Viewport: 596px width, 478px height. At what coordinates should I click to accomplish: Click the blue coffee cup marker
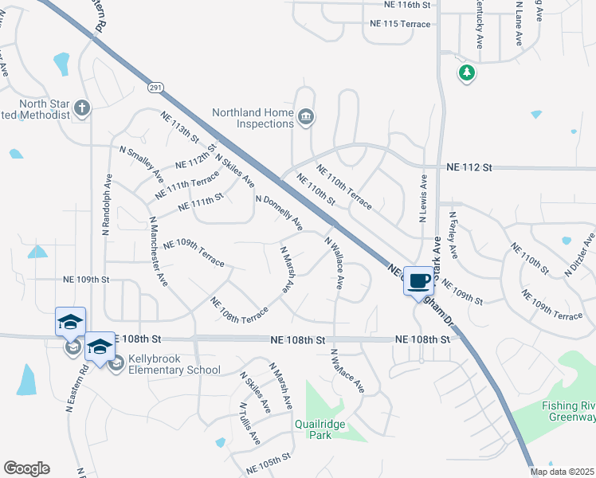point(419,280)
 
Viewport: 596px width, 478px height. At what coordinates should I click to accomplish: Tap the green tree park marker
point(466,74)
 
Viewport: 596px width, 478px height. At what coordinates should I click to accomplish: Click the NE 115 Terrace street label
point(400,24)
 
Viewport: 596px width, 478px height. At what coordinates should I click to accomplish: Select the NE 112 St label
point(470,167)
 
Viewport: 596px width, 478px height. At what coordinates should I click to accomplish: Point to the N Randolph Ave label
point(106,205)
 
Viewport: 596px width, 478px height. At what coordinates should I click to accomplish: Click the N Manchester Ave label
point(156,251)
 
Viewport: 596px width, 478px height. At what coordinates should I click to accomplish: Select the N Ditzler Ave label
point(579,254)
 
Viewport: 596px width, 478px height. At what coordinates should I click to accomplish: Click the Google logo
point(26,468)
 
